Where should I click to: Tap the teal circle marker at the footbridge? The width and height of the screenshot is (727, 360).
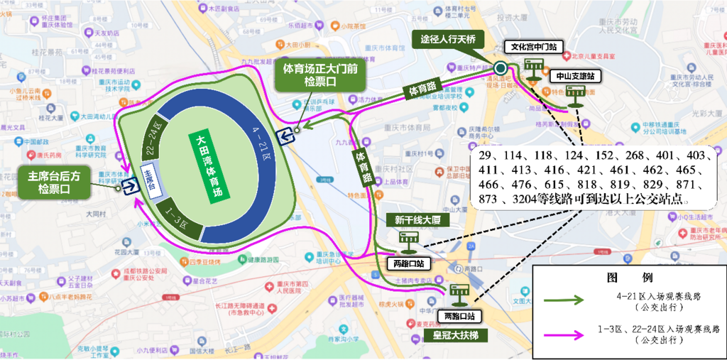[501, 68]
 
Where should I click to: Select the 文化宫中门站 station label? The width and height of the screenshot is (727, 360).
[533, 48]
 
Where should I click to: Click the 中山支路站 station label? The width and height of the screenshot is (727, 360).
[574, 75]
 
